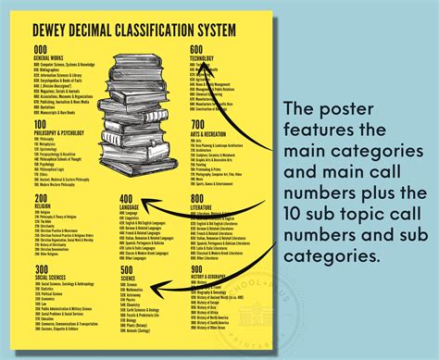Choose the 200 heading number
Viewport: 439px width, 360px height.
(x=41, y=199)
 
